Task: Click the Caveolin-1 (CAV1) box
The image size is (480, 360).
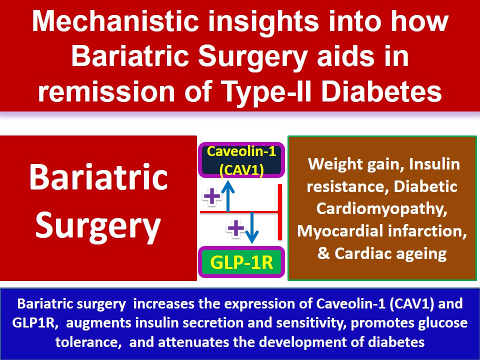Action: (x=241, y=160)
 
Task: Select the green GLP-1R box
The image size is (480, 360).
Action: (x=241, y=262)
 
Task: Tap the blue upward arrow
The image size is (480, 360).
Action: (x=228, y=197)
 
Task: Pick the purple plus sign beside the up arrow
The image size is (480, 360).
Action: (x=212, y=196)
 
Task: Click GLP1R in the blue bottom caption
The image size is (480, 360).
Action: (x=34, y=323)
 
